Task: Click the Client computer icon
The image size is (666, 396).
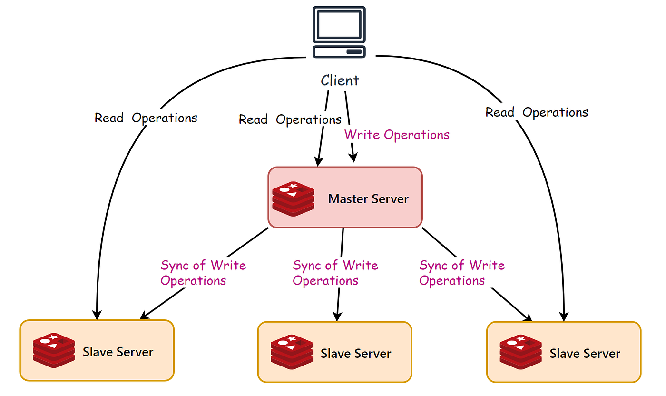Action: click(339, 32)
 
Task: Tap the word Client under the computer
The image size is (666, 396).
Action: click(340, 80)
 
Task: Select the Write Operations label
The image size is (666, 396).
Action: click(397, 135)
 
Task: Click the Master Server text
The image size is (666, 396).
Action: click(368, 198)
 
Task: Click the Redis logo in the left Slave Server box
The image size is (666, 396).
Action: click(54, 351)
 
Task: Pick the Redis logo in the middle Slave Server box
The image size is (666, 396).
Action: click(292, 353)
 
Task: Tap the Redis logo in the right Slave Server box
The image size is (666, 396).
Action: click(521, 353)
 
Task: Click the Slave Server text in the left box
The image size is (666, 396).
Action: click(118, 352)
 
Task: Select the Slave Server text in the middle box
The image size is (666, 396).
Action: click(356, 354)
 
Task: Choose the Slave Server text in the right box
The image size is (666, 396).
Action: click(585, 354)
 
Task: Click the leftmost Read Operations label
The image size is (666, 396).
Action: click(146, 118)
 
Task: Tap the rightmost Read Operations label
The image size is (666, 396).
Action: click(537, 112)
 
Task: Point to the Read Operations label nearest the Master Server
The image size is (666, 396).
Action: click(290, 119)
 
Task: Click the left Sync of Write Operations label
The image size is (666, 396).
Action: click(203, 273)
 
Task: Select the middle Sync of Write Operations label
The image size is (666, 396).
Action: click(335, 273)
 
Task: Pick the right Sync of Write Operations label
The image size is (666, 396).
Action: click(461, 273)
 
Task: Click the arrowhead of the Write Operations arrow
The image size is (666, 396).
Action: click(353, 158)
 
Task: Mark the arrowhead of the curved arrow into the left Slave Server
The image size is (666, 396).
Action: click(97, 315)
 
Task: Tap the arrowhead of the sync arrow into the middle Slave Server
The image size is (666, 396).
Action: click(337, 317)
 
